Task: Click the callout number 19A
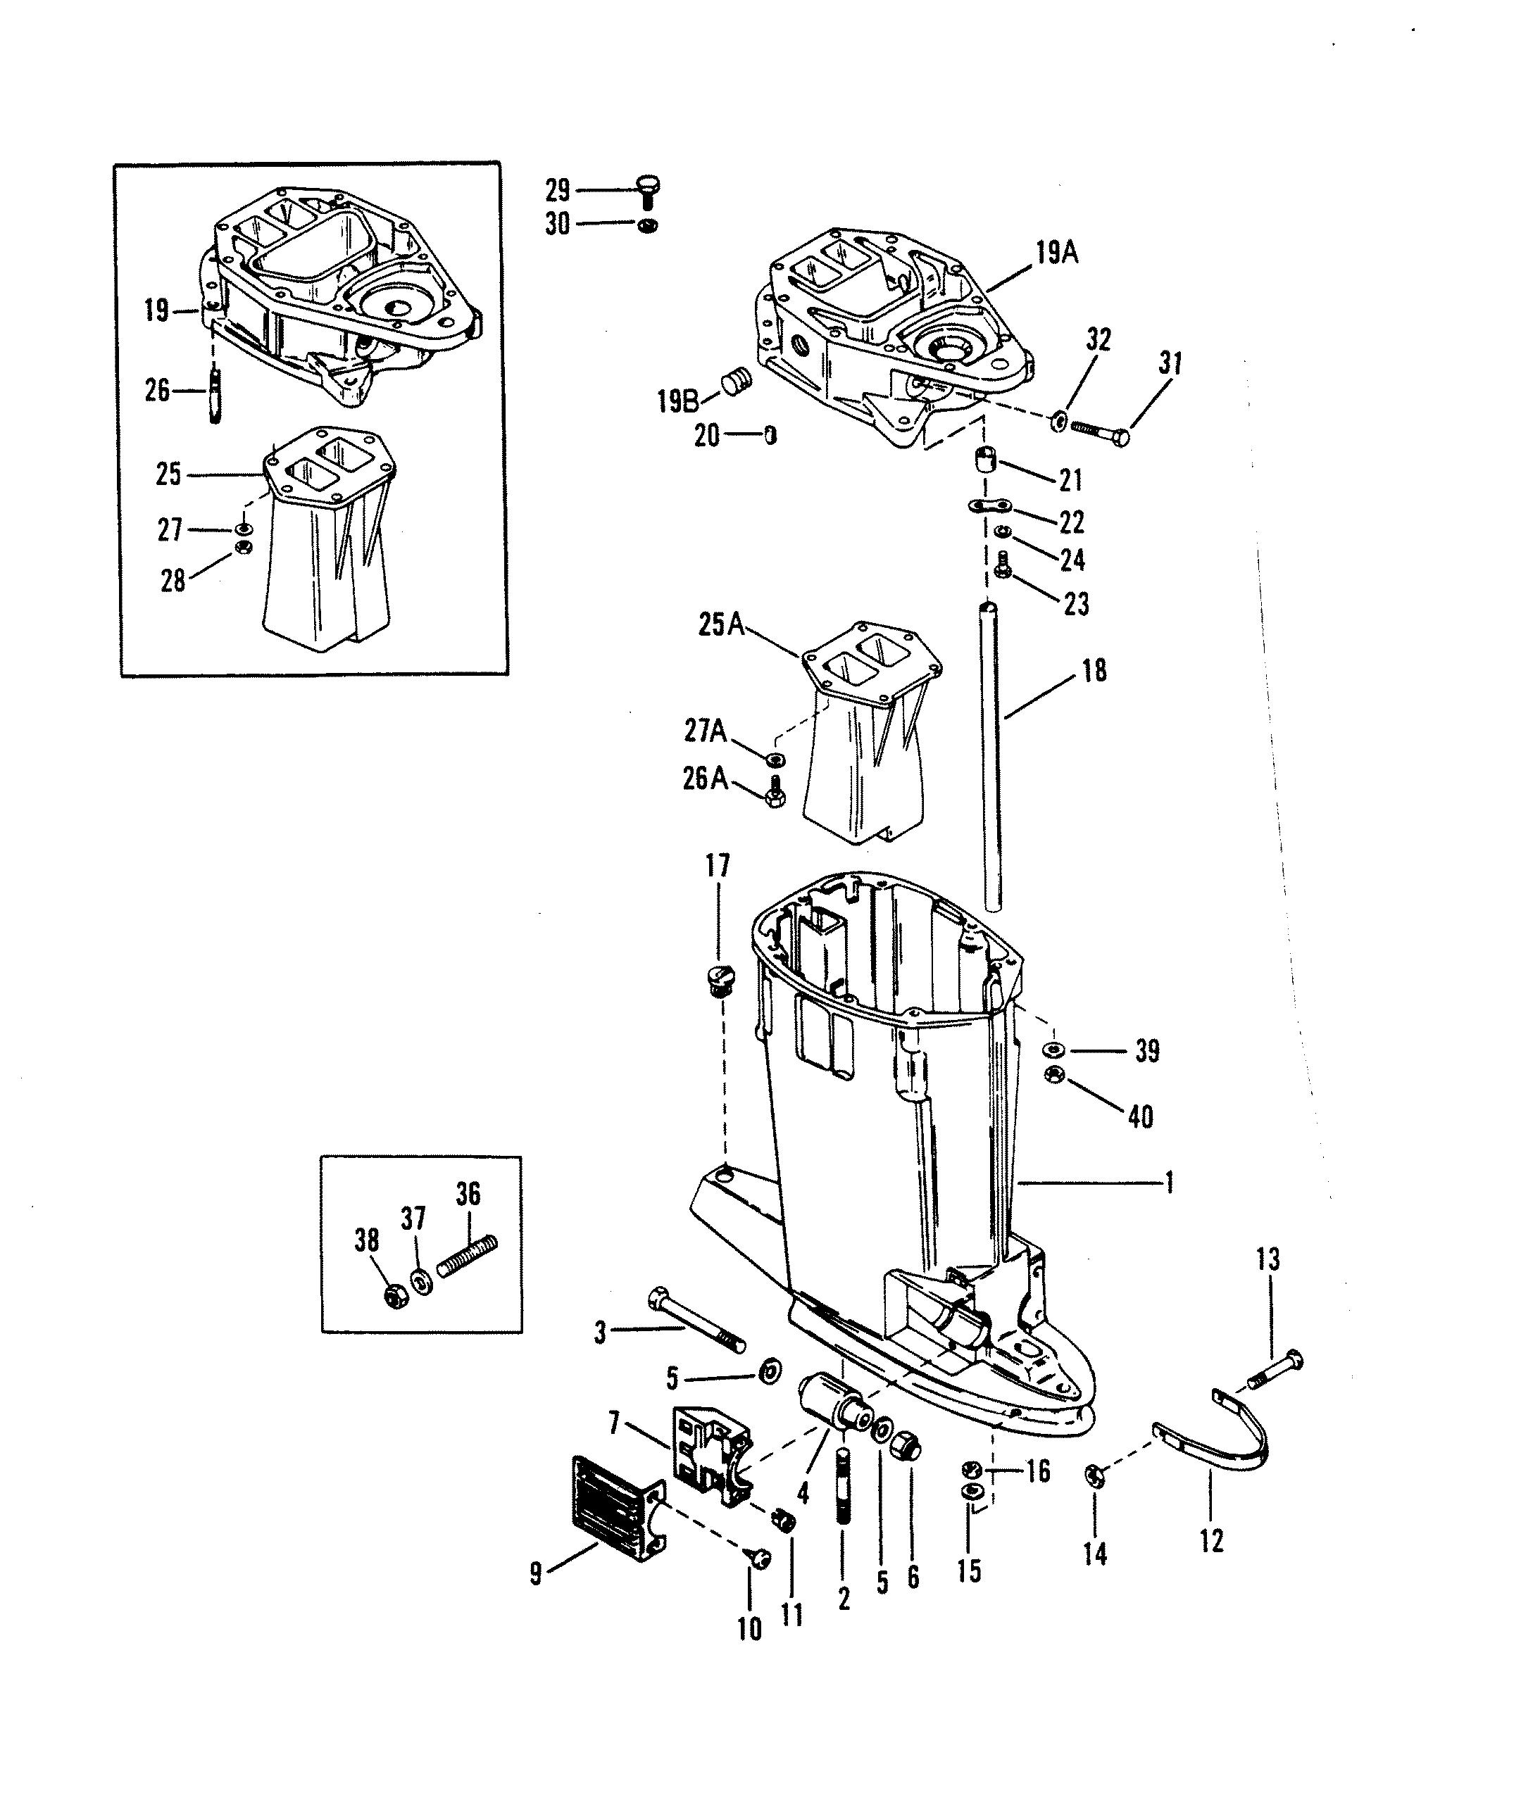click(1056, 253)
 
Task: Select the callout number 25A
click(721, 624)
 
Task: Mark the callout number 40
click(1140, 1117)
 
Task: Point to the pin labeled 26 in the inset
click(215, 392)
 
